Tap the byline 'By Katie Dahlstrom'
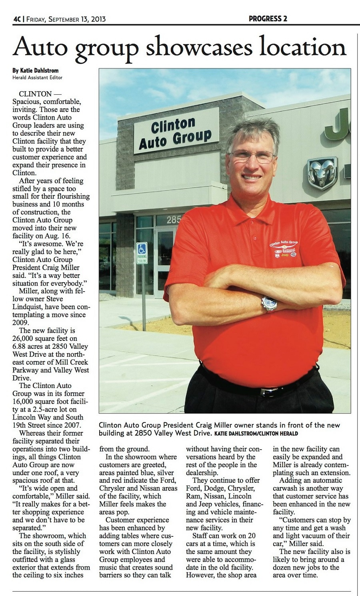point(35,70)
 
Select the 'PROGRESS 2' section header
point(268,18)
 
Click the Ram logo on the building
point(322,173)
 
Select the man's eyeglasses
point(252,156)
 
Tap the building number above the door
point(174,219)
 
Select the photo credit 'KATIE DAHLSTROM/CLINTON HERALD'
point(256,434)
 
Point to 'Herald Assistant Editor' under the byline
point(37,78)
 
